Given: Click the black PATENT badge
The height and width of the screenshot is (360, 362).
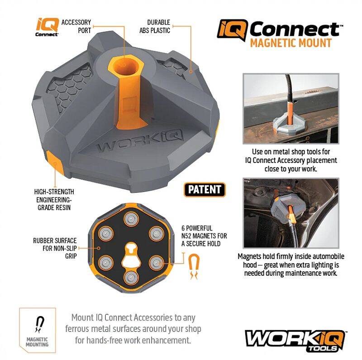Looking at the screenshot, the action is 205,190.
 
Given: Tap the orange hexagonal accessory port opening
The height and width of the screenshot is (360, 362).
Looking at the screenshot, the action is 126,65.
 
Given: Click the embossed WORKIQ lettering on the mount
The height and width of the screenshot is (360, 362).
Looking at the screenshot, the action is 140,141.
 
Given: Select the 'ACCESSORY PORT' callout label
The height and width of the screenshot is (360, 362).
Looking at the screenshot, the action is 76,26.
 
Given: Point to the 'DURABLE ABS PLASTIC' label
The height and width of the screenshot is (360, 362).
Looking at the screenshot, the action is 155,26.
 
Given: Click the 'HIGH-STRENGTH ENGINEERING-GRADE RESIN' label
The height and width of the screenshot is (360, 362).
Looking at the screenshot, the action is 54,200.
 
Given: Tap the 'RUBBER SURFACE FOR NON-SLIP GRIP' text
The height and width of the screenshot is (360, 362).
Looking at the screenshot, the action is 55,248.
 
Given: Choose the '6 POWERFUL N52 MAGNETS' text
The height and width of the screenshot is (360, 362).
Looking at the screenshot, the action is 204,236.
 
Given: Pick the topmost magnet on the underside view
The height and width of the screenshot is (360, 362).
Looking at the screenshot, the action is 131,218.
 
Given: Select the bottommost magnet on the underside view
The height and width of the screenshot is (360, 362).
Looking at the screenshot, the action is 131,277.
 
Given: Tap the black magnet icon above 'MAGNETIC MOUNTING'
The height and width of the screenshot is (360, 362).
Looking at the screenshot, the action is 40,324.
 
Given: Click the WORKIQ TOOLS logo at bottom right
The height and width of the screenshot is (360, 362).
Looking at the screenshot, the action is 295,341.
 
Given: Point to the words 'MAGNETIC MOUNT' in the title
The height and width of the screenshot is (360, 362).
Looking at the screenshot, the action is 291,43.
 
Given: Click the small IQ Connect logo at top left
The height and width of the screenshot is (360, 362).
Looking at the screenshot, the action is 47,27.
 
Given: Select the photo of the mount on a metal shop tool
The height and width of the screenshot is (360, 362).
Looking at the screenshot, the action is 291,109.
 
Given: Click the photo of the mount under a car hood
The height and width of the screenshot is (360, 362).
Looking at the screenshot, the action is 291,213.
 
